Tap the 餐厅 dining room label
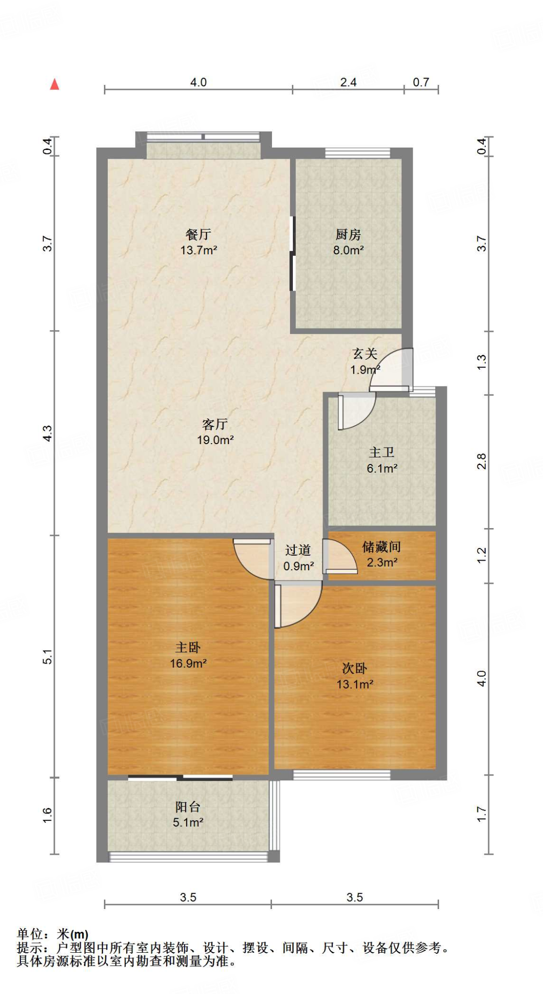tap(198, 234)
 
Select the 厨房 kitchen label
tap(348, 234)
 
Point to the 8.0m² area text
tap(348, 250)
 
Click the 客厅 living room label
tap(215, 424)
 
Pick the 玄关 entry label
tap(365, 354)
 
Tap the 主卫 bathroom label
tap(382, 452)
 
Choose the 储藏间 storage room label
tap(382, 547)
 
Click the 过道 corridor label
tap(298, 550)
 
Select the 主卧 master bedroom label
tap(188, 647)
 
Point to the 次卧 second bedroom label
tap(355, 668)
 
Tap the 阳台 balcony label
tap(188, 807)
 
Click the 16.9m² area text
tap(188, 663)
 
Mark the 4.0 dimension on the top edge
tap(198, 82)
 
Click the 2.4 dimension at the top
tap(348, 82)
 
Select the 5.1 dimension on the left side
tap(47, 657)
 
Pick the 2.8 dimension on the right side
tap(481, 461)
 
